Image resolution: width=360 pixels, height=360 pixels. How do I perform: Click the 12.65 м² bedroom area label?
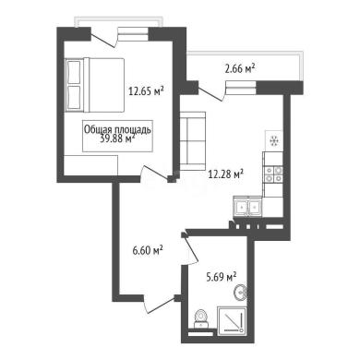tap(146, 90)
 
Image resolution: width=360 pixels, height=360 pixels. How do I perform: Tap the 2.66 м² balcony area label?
tap(240, 68)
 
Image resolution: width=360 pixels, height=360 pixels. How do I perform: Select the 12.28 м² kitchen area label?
tap(226, 174)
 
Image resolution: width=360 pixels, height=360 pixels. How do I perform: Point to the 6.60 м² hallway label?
tap(148, 250)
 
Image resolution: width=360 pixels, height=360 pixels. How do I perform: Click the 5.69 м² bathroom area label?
tap(221, 277)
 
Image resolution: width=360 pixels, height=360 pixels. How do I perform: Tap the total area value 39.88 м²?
tap(118, 138)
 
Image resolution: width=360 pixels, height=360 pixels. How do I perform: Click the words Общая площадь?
tap(117, 130)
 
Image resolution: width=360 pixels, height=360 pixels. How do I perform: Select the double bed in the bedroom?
tap(94, 85)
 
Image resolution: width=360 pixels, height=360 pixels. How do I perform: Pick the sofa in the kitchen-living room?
tap(193, 141)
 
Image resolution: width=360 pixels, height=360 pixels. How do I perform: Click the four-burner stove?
tap(273, 174)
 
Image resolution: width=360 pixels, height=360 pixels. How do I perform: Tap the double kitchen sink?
tap(247, 207)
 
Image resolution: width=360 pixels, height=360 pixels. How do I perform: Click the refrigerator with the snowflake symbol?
tap(273, 140)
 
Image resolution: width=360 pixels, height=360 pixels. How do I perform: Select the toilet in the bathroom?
tap(201, 318)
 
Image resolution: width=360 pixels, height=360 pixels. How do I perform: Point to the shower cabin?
tap(233, 320)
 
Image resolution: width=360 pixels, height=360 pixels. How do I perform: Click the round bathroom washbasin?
tap(240, 293)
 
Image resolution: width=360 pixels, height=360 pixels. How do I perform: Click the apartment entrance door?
tap(160, 305)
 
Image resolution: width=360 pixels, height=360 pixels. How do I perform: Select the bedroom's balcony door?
tap(104, 39)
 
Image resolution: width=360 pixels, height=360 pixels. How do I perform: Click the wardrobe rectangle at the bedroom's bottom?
tap(90, 165)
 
